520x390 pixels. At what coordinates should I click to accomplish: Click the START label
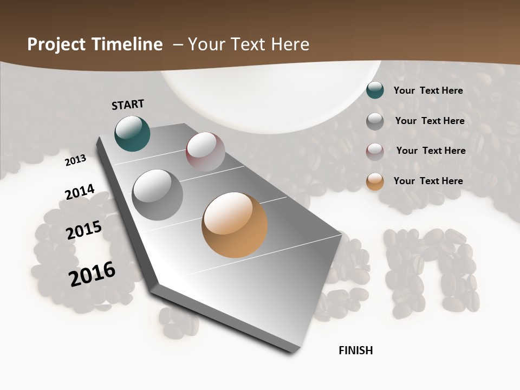(x=128, y=105)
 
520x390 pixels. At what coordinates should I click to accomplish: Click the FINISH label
(x=355, y=350)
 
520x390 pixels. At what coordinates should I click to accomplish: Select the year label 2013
(x=76, y=160)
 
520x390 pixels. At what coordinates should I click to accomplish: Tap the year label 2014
(x=80, y=192)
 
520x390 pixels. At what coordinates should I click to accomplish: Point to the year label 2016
(x=92, y=274)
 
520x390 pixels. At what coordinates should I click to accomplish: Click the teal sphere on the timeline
(x=132, y=133)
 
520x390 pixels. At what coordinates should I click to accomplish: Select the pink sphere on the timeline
(x=205, y=152)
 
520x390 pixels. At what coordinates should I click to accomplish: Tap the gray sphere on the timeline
(x=158, y=194)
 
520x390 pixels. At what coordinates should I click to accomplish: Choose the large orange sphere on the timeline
(x=235, y=225)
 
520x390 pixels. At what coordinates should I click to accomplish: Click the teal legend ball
(x=375, y=90)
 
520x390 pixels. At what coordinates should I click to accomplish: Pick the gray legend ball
(x=375, y=121)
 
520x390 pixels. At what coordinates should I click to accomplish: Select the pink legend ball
(x=375, y=152)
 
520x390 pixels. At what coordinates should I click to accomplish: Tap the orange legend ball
(x=375, y=181)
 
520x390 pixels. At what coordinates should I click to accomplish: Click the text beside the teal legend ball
(x=428, y=90)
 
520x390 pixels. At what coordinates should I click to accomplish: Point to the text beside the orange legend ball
(x=428, y=181)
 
